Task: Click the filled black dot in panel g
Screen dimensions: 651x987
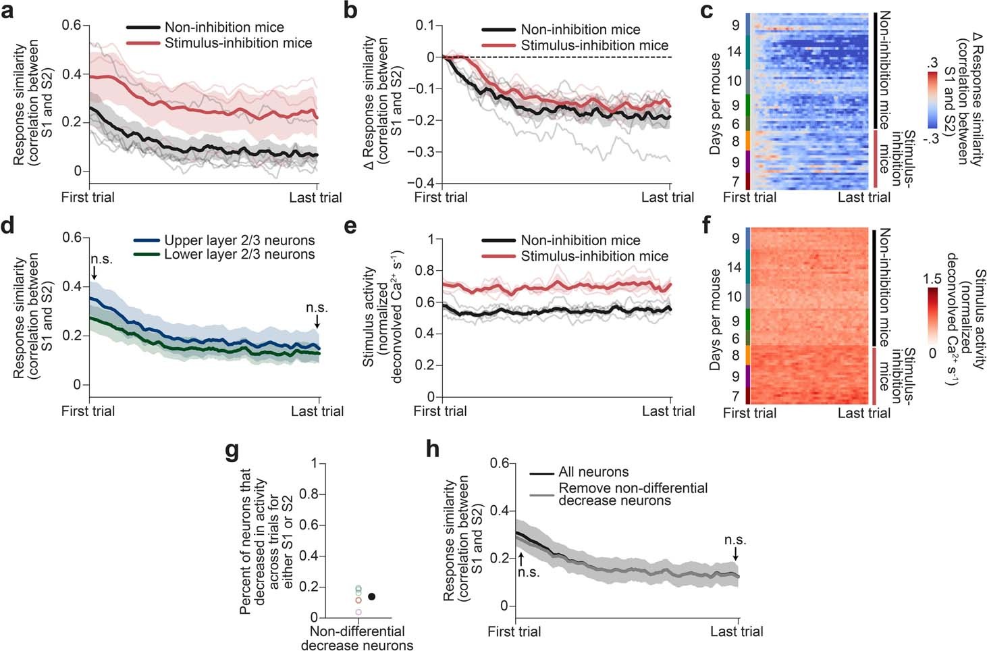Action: [x=371, y=596]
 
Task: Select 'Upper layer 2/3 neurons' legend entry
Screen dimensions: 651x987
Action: [x=239, y=240]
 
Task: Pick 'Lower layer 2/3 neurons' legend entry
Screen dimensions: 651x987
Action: [x=239, y=255]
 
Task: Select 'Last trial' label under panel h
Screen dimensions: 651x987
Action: [x=737, y=632]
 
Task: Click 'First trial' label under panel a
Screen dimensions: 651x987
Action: [x=88, y=198]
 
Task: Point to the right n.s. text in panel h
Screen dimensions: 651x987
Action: [x=735, y=540]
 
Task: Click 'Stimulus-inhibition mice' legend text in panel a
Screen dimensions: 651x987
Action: [x=238, y=43]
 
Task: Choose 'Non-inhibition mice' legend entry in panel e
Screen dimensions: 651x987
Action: [x=581, y=240]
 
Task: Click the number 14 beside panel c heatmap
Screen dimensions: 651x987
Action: [x=734, y=51]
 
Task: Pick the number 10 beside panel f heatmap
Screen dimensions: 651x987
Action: [x=734, y=296]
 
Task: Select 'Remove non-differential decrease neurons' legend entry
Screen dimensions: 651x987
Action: [x=633, y=494]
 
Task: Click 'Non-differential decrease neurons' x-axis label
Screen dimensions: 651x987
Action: [x=357, y=638]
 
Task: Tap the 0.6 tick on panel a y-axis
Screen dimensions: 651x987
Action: [x=72, y=25]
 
